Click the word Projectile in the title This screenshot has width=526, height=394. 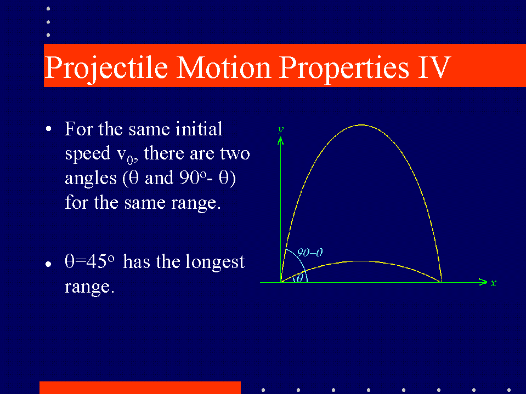(106, 68)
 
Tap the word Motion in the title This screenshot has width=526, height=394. (223, 68)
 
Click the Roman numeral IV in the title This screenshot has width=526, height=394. (434, 68)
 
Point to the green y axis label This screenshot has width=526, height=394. (281, 129)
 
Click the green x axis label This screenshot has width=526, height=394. (493, 283)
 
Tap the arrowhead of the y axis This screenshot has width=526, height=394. (280, 141)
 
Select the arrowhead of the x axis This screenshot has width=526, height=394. (483, 282)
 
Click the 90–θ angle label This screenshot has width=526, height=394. (310, 252)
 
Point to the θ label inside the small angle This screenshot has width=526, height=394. (299, 278)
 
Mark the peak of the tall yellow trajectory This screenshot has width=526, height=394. (361, 125)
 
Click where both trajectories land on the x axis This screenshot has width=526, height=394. (442, 282)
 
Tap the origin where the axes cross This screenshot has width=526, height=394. (281, 282)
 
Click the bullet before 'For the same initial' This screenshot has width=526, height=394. (49, 129)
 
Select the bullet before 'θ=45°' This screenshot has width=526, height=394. (48, 264)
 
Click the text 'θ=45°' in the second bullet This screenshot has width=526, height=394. (89, 261)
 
